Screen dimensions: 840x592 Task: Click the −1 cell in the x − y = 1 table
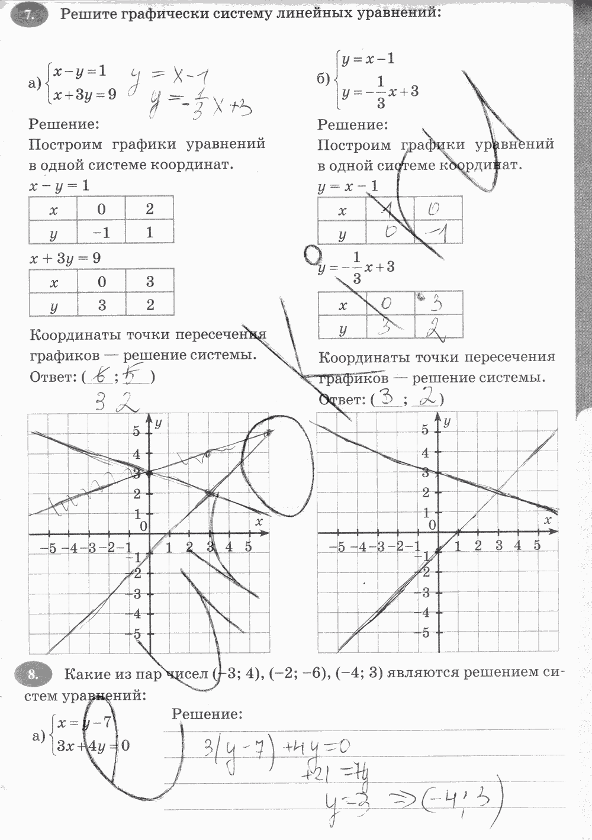click(x=101, y=233)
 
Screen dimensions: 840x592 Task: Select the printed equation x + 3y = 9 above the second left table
click(x=65, y=258)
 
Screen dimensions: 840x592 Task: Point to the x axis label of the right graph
click(x=548, y=519)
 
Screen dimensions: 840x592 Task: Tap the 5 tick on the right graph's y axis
click(x=424, y=429)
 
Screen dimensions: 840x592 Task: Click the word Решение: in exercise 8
click(x=207, y=714)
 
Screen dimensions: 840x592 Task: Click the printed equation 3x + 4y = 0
click(x=91, y=745)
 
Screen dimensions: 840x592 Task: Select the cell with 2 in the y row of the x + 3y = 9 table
click(x=150, y=305)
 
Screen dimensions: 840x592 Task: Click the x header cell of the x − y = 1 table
click(x=53, y=209)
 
